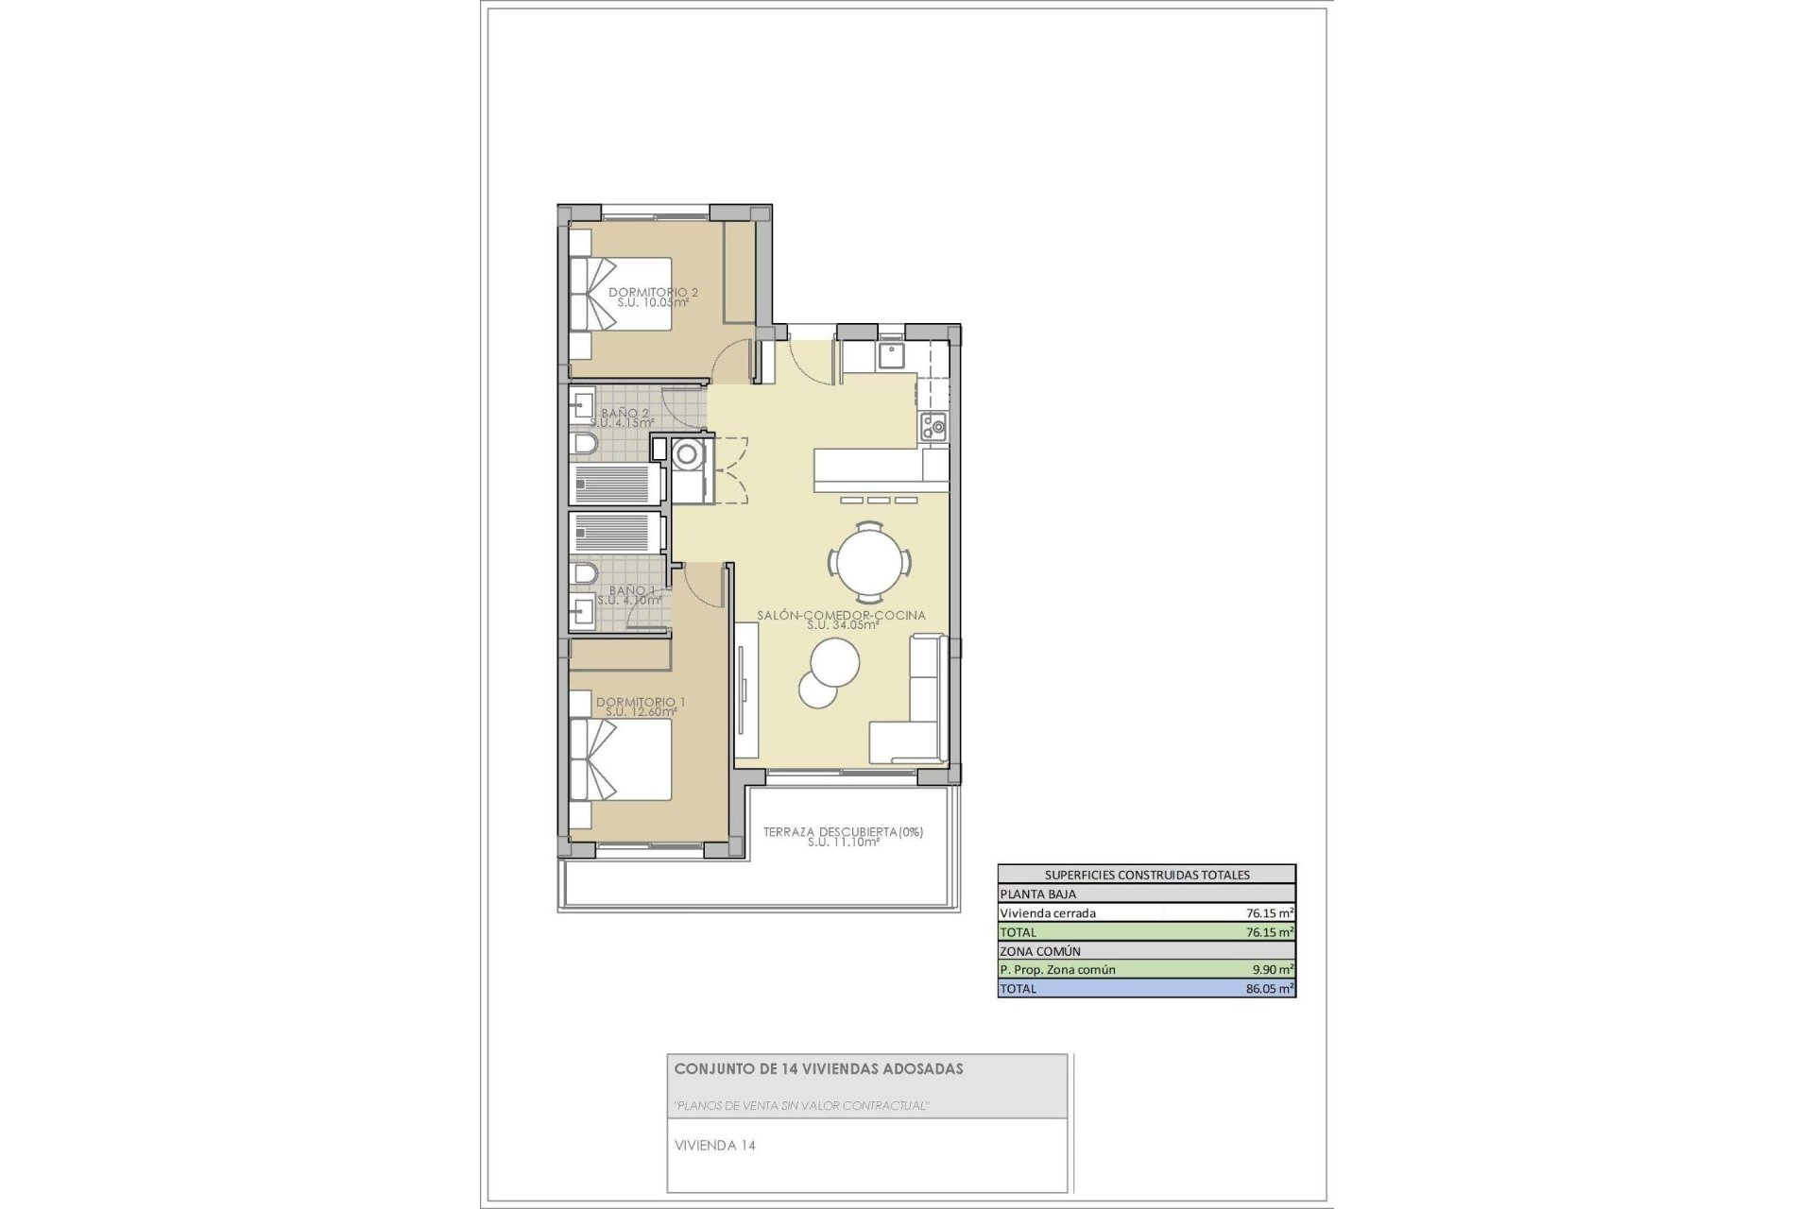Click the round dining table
(x=870, y=562)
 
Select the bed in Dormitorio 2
(x=620, y=293)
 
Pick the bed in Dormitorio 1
(x=620, y=760)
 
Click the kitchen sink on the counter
(x=891, y=355)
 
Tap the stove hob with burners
(x=933, y=428)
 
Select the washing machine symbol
(x=688, y=455)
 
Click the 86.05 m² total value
(x=1269, y=989)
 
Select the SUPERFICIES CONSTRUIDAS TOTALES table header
(x=1146, y=875)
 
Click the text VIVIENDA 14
(x=714, y=1146)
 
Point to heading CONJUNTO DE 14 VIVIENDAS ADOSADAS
(x=818, y=1069)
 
